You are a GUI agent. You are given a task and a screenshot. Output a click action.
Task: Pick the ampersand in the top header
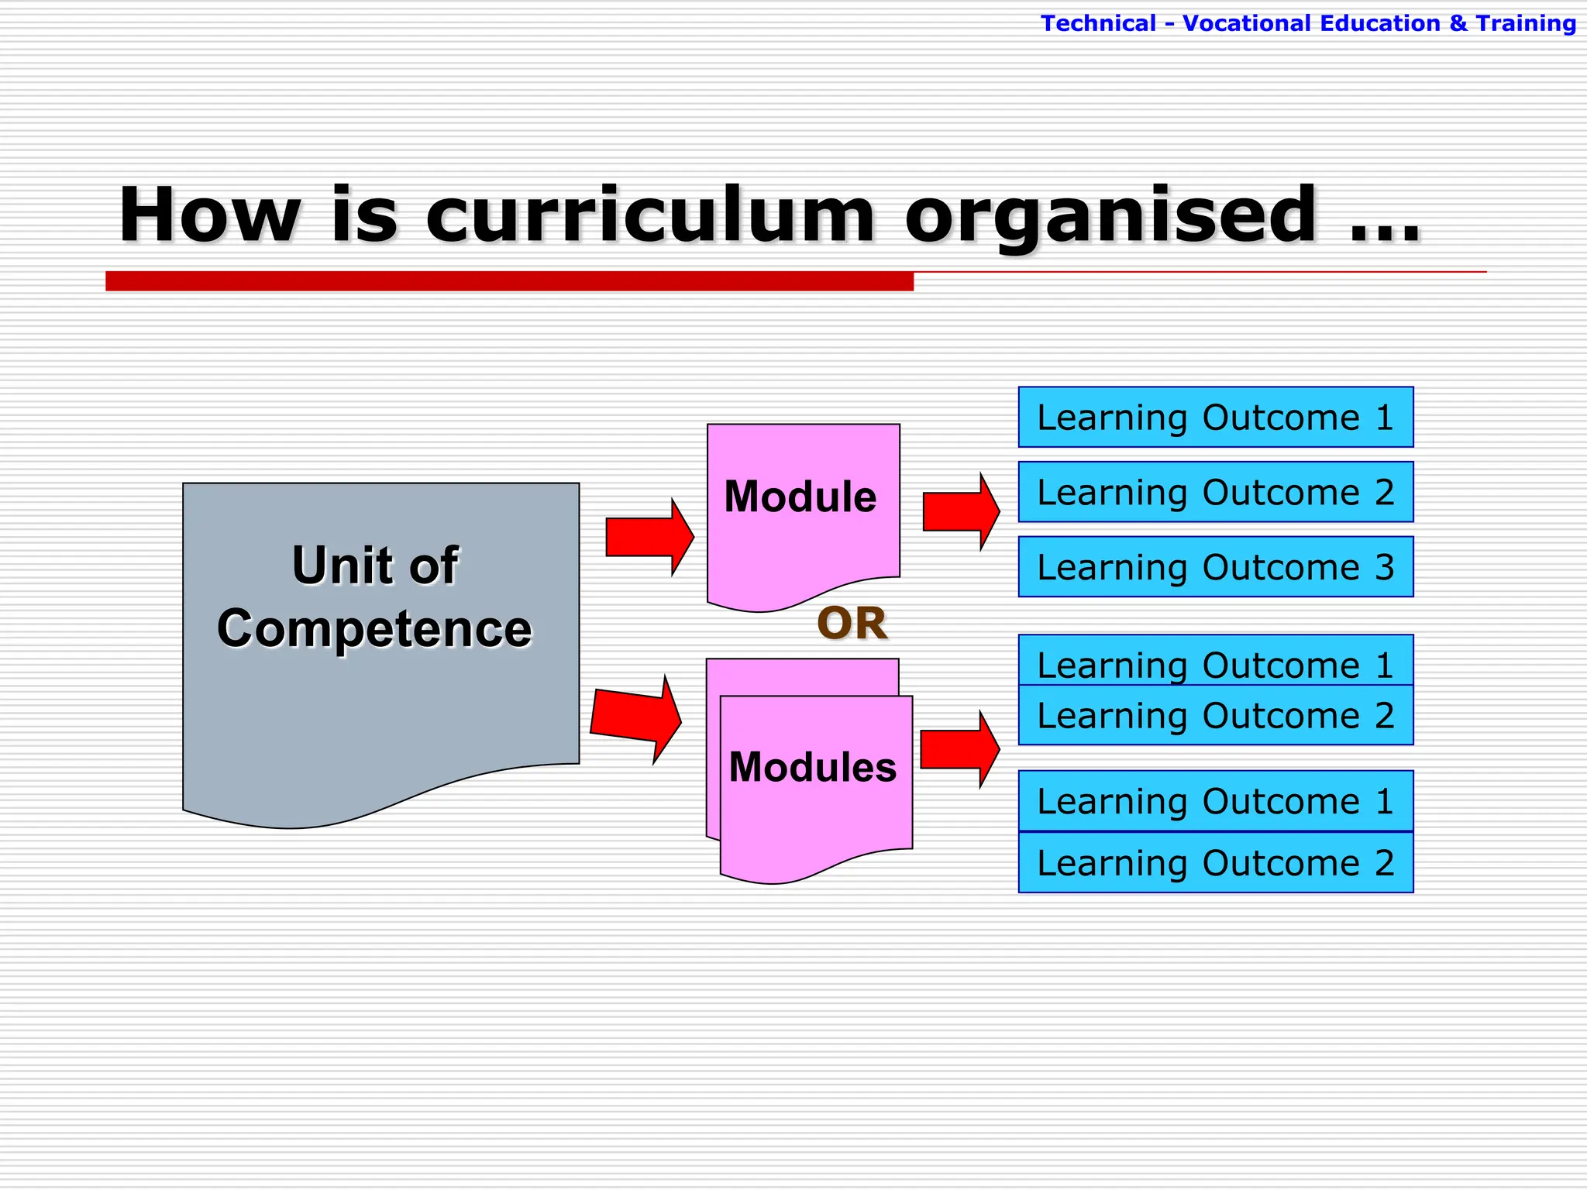1458,23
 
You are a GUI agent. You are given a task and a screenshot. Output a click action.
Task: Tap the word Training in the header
1525,23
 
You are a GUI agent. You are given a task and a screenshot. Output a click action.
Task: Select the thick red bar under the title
509,280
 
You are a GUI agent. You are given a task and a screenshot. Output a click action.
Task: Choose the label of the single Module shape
800,496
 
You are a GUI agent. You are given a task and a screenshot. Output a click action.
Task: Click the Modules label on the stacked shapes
812,767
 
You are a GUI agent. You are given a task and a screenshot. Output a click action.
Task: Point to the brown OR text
852,623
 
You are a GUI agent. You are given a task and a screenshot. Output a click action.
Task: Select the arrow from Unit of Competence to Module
649,537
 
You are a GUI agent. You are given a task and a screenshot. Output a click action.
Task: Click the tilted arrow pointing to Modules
635,717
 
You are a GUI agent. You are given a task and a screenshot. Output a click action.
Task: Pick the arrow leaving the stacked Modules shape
959,749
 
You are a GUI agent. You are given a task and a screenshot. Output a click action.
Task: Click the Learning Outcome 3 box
1215,566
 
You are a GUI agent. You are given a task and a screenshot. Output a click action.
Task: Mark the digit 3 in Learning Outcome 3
1384,567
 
